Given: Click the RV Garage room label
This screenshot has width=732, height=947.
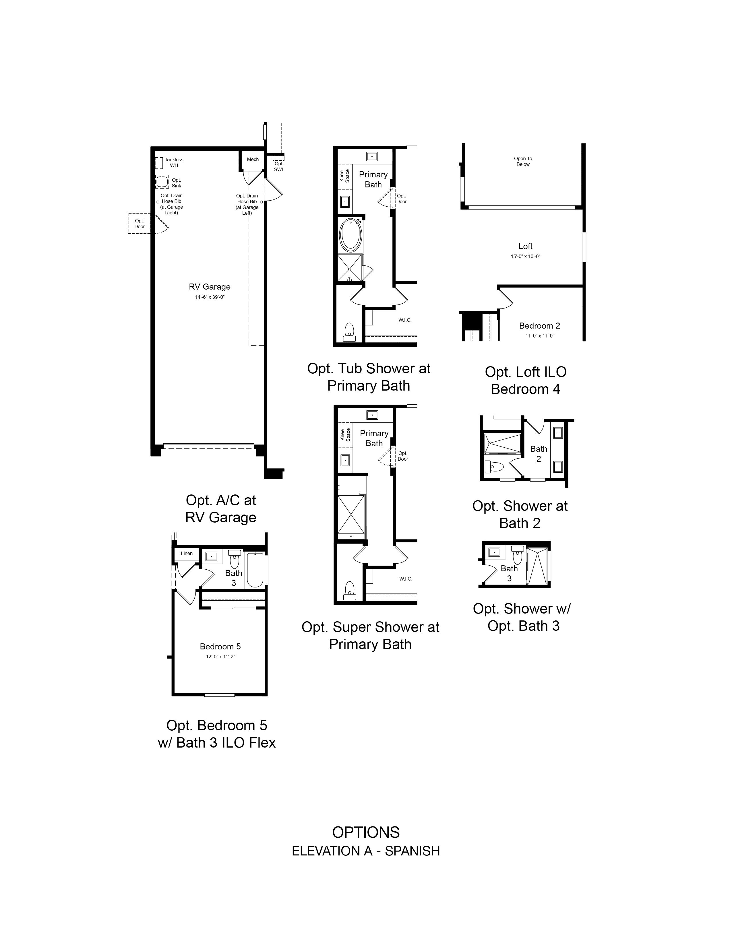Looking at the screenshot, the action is [x=210, y=287].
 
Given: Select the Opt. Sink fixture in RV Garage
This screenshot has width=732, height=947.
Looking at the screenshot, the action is [x=162, y=182].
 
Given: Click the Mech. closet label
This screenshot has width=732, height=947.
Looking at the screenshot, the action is [x=253, y=160].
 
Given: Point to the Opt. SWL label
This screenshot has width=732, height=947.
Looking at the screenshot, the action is [x=279, y=166].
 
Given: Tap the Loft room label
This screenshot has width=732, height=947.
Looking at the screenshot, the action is [x=525, y=246].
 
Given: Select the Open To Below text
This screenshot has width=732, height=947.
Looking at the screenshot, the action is [x=523, y=161].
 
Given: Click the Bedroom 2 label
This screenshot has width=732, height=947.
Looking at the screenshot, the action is [x=539, y=326].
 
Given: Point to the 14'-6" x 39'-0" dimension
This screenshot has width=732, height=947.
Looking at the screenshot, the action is [x=210, y=297].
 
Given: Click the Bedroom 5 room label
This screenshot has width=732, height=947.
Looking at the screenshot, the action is [x=220, y=647].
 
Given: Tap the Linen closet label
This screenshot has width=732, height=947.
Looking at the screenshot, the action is [x=187, y=553].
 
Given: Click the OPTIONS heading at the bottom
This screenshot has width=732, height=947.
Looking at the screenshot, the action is [x=366, y=832].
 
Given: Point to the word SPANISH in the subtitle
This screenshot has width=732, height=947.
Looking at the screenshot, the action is [x=413, y=851].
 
